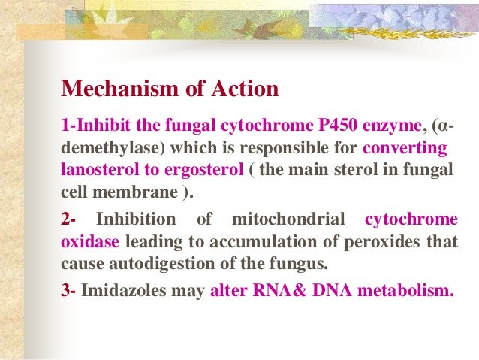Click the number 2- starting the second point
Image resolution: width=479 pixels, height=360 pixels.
tap(68, 220)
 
